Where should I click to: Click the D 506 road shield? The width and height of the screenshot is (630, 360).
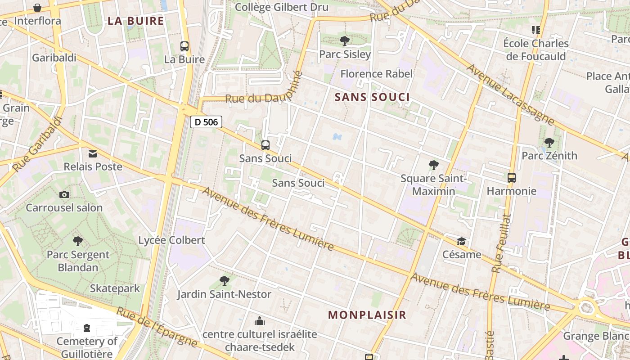(x=206, y=122)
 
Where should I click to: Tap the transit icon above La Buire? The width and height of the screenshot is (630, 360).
(x=184, y=46)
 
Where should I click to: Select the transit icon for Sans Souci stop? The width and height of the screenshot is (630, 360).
(x=265, y=145)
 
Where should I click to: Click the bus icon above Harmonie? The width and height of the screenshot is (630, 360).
(x=512, y=177)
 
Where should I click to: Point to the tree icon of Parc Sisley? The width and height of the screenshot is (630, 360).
(x=345, y=41)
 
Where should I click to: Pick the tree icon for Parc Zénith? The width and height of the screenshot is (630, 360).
(x=549, y=143)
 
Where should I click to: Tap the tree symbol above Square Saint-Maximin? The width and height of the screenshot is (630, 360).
(x=434, y=165)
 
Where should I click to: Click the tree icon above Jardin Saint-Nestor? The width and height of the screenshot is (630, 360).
(x=224, y=281)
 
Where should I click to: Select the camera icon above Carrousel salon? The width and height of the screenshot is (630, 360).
(x=64, y=194)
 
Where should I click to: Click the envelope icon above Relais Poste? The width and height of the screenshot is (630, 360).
(x=93, y=154)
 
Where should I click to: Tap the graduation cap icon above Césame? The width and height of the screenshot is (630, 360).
(x=461, y=242)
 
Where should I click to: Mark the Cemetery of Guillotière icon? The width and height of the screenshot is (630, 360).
(x=87, y=328)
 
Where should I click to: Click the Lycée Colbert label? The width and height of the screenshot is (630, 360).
(x=171, y=240)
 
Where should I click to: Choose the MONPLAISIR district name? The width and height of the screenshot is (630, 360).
(x=367, y=315)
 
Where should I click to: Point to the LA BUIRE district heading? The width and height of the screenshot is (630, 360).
(x=135, y=21)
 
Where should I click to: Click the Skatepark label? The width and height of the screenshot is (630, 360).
(x=115, y=288)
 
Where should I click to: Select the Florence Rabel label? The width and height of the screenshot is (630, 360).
(x=376, y=74)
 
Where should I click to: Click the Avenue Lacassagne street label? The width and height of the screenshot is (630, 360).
(x=511, y=94)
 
